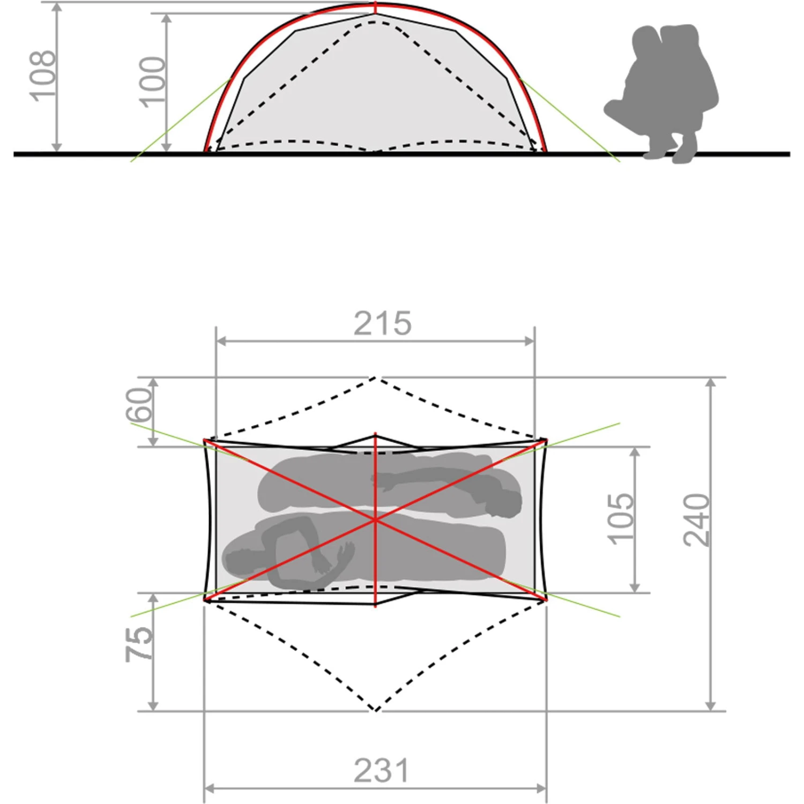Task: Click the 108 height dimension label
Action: coord(42,76)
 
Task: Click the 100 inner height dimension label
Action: coord(152,82)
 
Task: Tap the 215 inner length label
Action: coord(382,324)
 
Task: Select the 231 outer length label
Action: coord(381,771)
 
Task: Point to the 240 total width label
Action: coord(696,520)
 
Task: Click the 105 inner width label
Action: coord(620,518)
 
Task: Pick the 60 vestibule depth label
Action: coord(139,405)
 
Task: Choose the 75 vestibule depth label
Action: coord(139,644)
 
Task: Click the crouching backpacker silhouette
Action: coord(662,96)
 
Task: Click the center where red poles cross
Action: coord(375,519)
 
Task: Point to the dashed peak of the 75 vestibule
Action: coord(376,710)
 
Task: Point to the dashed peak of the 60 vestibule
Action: coord(375,378)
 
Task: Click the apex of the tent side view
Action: coord(375,4)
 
